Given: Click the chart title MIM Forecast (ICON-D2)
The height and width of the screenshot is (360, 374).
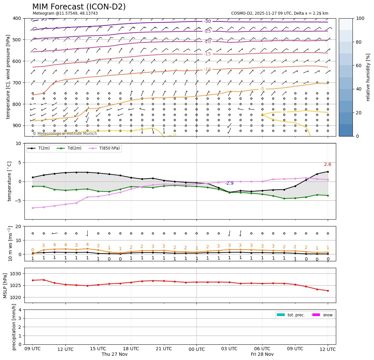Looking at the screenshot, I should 79,7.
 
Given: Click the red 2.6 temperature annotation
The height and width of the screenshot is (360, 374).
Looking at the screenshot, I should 327,165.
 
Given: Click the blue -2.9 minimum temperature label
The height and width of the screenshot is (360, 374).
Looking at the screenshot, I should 229,183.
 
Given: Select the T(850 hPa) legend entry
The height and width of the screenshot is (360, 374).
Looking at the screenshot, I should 107,148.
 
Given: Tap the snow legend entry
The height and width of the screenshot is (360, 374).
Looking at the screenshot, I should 328,315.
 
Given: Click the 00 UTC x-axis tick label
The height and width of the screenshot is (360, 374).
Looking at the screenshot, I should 196,349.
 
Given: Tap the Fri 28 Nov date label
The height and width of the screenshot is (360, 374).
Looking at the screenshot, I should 262,354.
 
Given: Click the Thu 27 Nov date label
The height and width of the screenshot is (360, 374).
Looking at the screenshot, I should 114,354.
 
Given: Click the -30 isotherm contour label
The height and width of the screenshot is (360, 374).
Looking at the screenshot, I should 208,22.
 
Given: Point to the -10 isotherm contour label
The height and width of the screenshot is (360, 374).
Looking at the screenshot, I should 208,69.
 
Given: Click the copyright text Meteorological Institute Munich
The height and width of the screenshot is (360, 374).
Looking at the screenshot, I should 65,134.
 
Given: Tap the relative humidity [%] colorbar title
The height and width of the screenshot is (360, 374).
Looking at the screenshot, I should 368,77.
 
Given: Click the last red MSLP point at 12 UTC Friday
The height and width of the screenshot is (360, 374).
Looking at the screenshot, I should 328,291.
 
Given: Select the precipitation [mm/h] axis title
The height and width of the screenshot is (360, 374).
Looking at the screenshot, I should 14,327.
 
